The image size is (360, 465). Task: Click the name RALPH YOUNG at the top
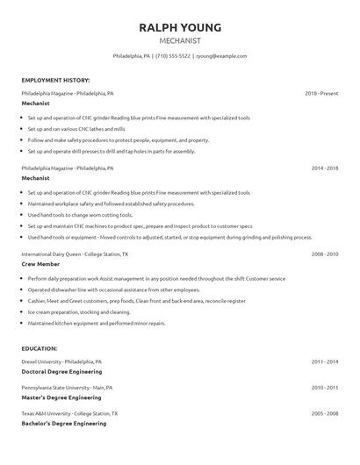(179, 27)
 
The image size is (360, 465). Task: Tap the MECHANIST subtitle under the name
(179, 40)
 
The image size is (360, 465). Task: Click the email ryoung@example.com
(222, 55)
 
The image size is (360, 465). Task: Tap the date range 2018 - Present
(321, 92)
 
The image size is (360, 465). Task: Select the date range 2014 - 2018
(324, 167)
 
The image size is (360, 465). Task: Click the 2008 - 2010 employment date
(324, 254)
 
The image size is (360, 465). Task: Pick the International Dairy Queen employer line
(75, 254)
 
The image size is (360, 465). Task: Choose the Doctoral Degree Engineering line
(61, 371)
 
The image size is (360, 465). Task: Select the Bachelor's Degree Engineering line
(63, 424)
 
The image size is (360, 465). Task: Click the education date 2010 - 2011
(324, 387)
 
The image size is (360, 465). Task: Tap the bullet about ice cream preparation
(79, 311)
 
